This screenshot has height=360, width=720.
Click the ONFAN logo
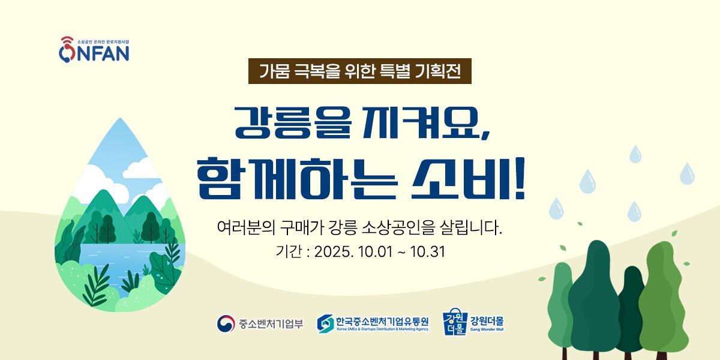pyautogui.click(x=94, y=50)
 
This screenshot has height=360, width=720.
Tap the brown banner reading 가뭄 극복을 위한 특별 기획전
pyautogui.click(x=360, y=71)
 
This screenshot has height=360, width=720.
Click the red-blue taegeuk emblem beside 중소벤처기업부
pyautogui.click(x=226, y=323)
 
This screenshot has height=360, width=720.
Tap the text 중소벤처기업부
pyautogui.click(x=271, y=324)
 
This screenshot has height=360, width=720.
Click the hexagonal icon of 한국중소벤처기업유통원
pyautogui.click(x=326, y=323)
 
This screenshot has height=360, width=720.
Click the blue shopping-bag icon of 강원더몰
pyautogui.click(x=454, y=323)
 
